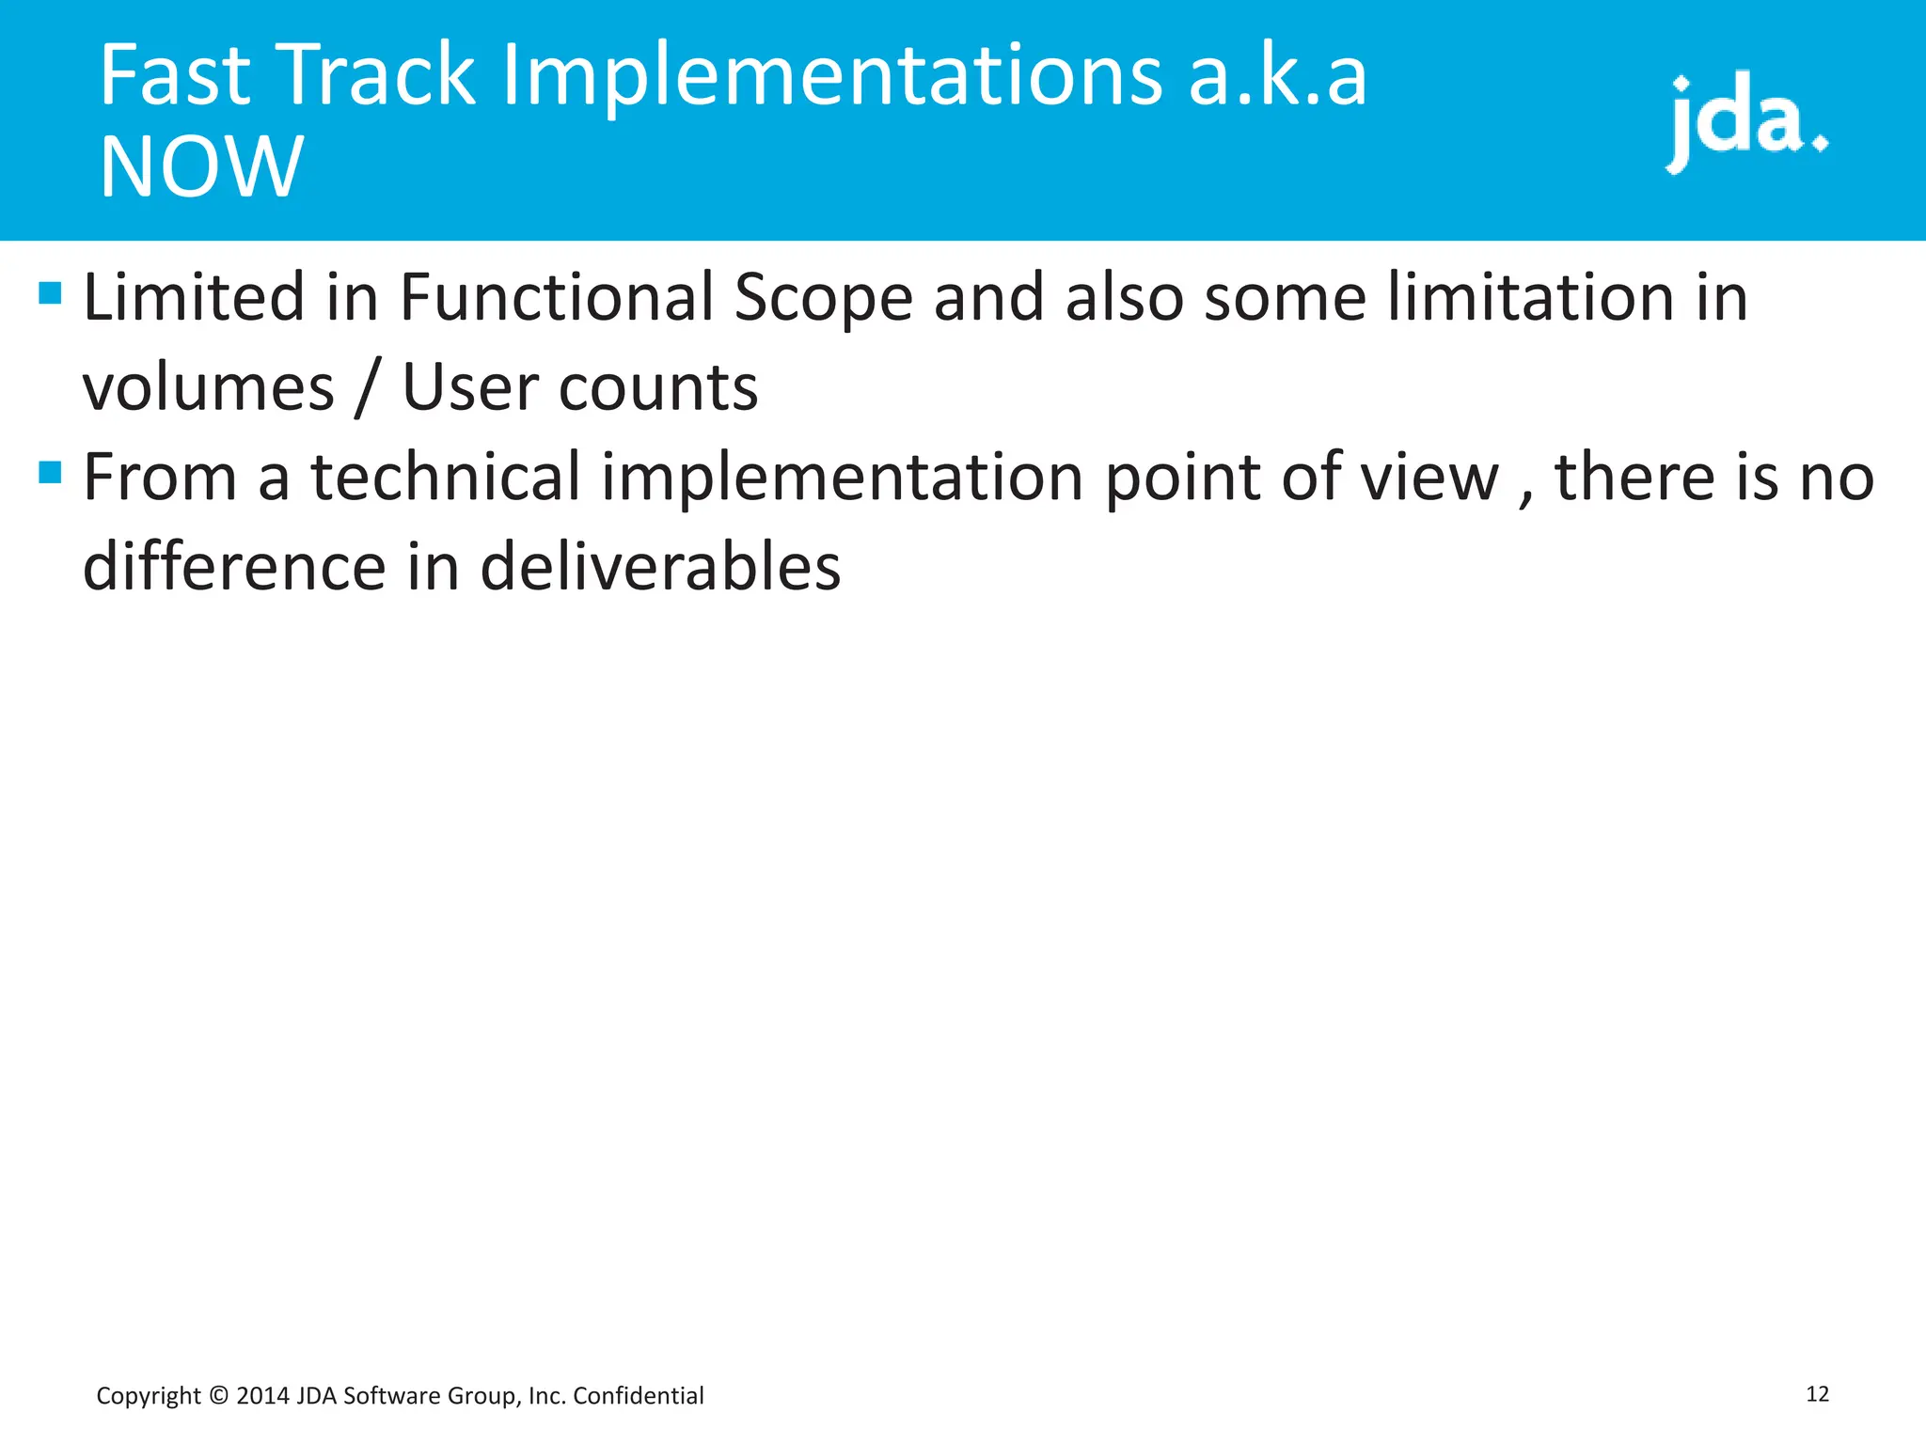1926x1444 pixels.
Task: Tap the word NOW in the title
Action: tap(201, 167)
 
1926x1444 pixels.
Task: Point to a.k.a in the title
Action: tap(1277, 77)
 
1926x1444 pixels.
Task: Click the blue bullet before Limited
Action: tap(50, 294)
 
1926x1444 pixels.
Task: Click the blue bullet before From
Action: tap(50, 471)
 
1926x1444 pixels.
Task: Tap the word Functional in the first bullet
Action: tap(557, 298)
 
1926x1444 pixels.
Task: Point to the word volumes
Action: tap(208, 388)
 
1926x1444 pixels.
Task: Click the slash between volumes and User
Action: tap(368, 388)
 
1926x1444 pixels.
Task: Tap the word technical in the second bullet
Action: tap(446, 477)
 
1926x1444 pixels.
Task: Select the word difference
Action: tap(234, 567)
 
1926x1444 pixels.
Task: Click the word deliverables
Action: tap(660, 567)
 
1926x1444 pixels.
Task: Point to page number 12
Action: tap(1817, 1394)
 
